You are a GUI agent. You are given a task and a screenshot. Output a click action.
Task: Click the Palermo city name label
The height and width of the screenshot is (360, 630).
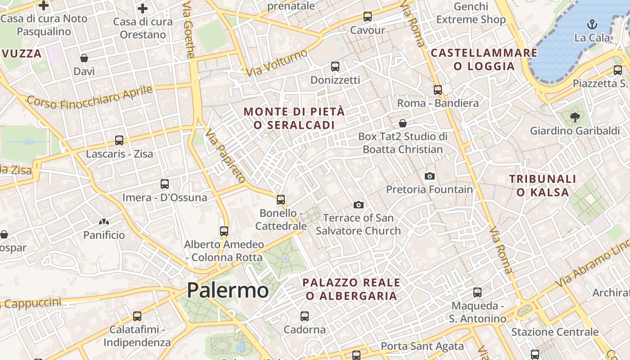tap(228, 290)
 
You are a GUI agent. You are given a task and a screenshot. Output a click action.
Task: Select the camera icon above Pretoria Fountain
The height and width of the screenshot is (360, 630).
tap(430, 176)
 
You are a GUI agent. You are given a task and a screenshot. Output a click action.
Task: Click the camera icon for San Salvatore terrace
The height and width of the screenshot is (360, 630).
tap(359, 205)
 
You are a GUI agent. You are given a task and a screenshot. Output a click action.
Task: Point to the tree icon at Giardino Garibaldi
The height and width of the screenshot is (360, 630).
tap(575, 117)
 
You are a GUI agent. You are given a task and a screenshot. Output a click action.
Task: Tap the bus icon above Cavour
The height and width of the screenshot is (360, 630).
tap(368, 17)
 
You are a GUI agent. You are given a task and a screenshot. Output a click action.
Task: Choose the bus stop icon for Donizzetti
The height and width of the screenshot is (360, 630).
tap(335, 67)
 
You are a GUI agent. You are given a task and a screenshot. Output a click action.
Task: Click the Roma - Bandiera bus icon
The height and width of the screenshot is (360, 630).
tap(438, 90)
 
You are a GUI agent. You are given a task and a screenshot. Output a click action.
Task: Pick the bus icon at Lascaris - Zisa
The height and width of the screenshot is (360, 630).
tap(119, 140)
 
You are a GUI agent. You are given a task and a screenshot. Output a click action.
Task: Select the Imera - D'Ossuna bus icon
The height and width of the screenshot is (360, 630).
tap(165, 184)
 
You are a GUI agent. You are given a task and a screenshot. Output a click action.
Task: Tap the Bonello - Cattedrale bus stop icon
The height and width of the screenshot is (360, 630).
tap(281, 199)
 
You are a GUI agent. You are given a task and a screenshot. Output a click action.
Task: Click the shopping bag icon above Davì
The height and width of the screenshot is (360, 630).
tap(84, 58)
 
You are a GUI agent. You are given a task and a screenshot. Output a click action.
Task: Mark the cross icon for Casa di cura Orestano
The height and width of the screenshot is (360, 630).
tap(143, 9)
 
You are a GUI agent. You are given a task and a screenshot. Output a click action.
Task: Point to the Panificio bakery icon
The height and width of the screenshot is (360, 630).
tap(104, 222)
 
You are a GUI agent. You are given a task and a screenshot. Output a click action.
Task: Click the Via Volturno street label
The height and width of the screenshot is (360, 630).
tap(276, 63)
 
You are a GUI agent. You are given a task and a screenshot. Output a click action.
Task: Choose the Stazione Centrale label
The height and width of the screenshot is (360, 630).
tap(555, 332)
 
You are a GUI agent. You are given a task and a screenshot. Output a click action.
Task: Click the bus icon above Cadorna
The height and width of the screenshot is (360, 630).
tap(305, 316)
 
